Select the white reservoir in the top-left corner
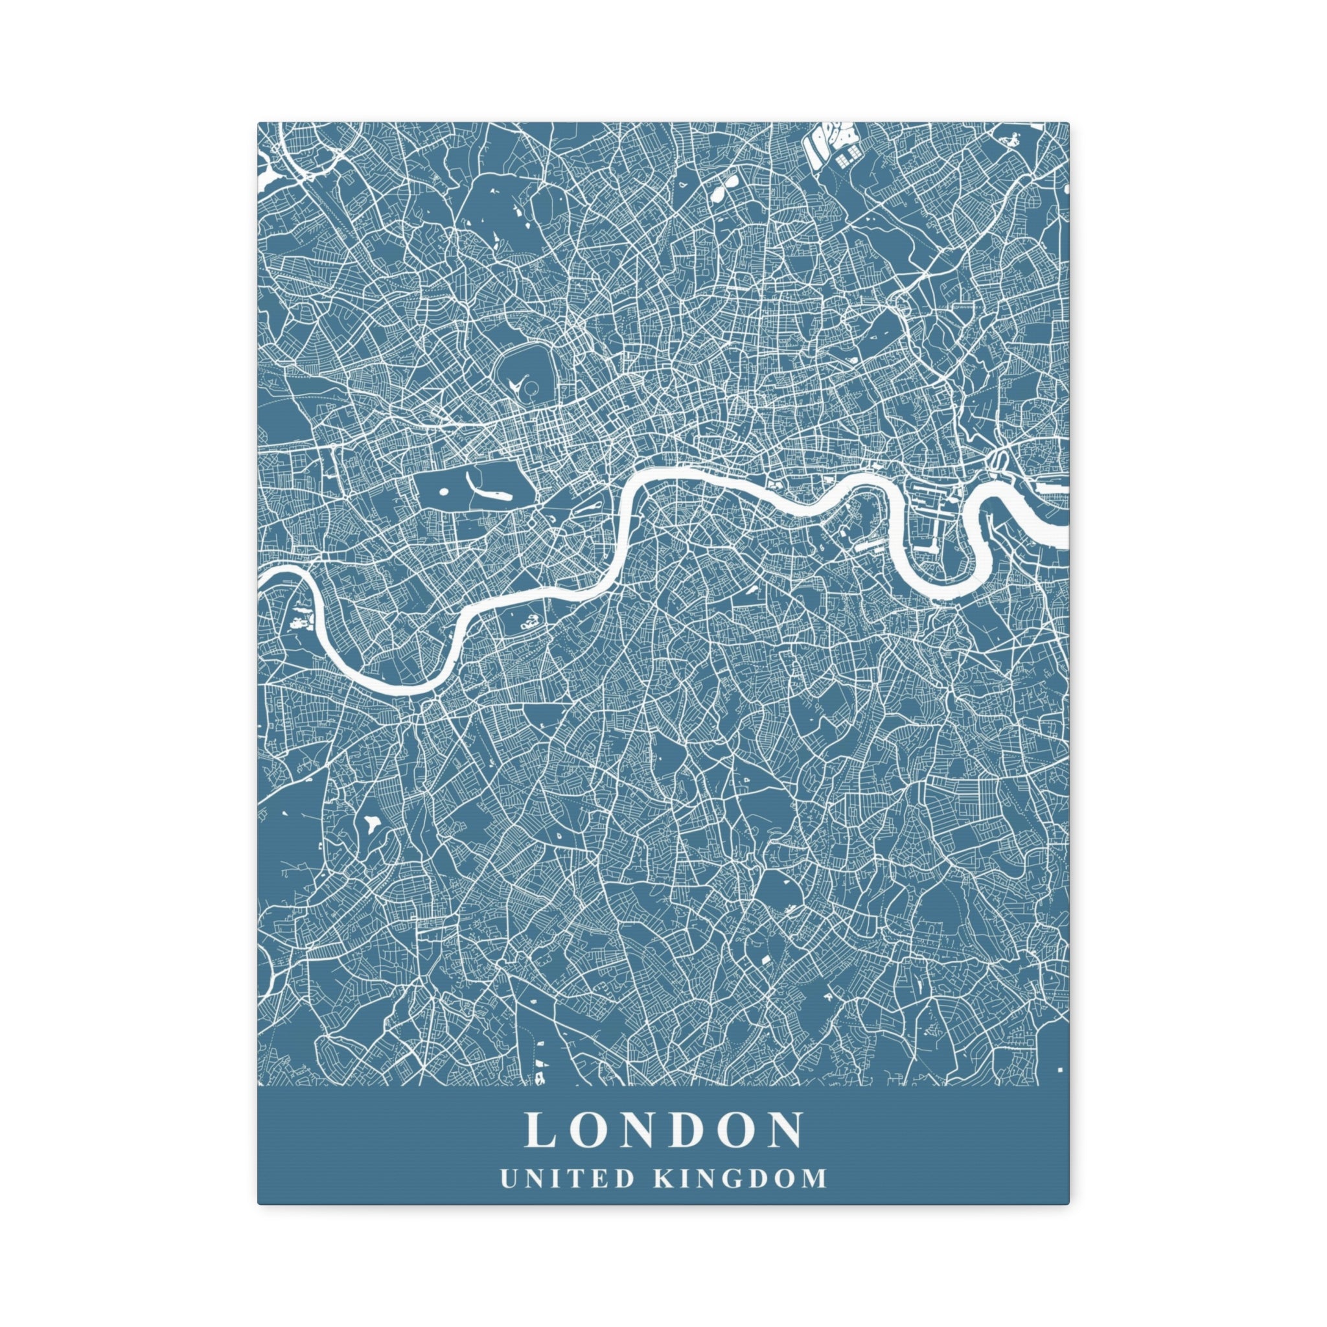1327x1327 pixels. click(270, 180)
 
